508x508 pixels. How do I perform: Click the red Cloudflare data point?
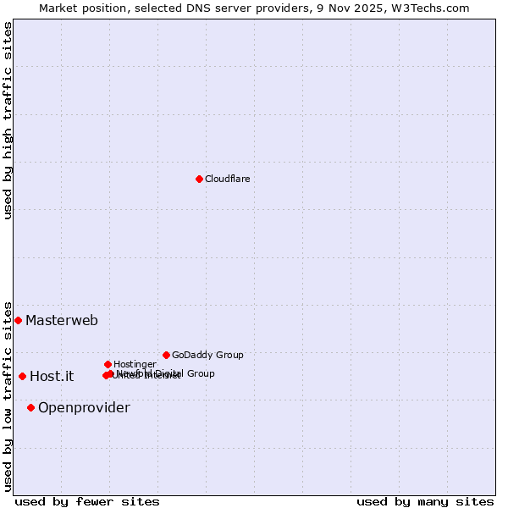[x=199, y=179]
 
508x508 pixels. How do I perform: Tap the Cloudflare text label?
[x=227, y=179]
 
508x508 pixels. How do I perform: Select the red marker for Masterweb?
[x=18, y=320]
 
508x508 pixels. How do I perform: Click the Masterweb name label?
[x=62, y=320]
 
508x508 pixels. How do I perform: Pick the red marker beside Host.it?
[x=22, y=376]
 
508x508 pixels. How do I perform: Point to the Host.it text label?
[x=52, y=377]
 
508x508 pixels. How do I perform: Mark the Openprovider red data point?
[x=30, y=407]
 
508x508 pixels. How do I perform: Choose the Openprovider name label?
[x=84, y=408]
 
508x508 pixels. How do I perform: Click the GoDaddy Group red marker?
[x=166, y=355]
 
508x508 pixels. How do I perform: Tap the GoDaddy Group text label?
[x=207, y=355]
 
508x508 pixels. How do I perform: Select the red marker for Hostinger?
[x=108, y=364]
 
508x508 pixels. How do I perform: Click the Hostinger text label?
[x=135, y=364]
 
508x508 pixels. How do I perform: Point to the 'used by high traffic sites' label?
[x=8, y=120]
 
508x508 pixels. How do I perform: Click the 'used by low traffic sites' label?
[x=8, y=395]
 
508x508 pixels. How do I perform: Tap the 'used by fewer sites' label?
[x=87, y=501]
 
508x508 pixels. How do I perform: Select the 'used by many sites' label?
[x=425, y=501]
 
